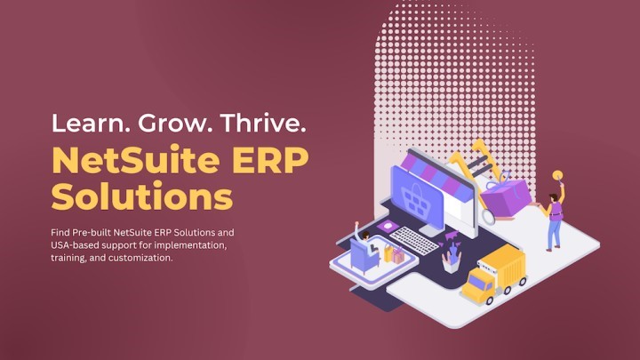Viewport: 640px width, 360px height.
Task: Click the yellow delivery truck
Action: (x=494, y=272)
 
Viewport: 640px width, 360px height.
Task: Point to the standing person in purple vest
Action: (x=555, y=219)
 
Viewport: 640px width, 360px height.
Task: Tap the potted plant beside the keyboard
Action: (x=452, y=256)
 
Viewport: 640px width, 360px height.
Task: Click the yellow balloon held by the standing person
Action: (x=556, y=176)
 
